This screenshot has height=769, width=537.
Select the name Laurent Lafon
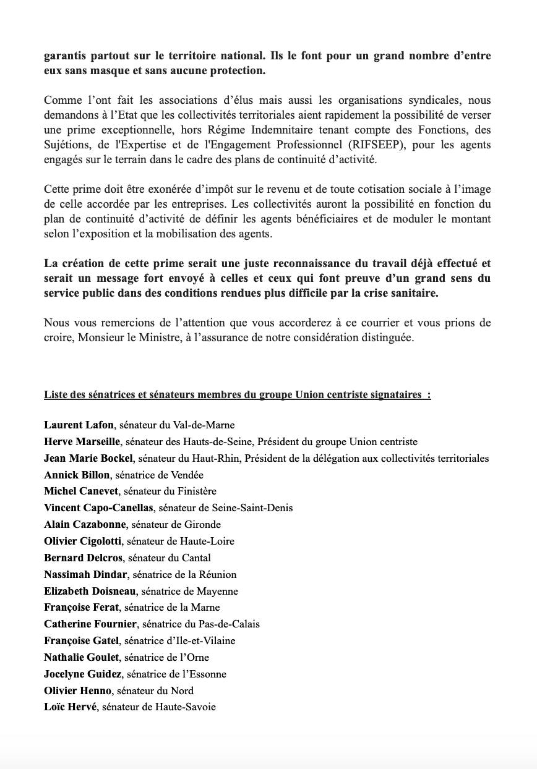79,425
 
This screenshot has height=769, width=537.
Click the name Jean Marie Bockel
88,459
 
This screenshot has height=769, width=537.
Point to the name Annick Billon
77,475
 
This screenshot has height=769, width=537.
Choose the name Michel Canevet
82,491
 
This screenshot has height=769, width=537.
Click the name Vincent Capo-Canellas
99,508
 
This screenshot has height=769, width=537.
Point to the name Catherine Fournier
90,624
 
